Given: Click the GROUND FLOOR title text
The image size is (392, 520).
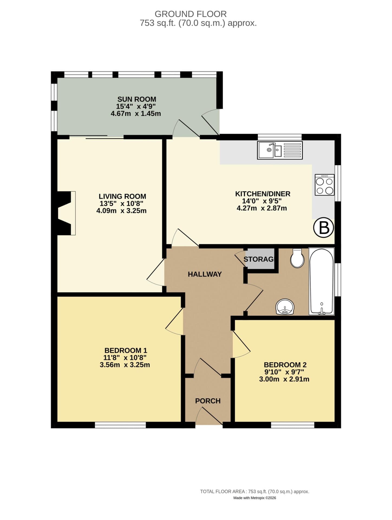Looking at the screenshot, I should (191, 14).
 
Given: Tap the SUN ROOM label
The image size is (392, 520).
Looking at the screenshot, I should (136, 99).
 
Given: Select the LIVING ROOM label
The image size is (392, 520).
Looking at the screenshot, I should (122, 196).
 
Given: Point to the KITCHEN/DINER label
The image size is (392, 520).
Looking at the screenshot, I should (263, 194).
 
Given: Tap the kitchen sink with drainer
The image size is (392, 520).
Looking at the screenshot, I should (280, 150).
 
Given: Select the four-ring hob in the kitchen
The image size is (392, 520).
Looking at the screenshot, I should (325, 185).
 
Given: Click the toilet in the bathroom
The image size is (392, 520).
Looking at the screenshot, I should (297, 258).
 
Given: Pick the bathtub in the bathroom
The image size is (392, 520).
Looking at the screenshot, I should (321, 281).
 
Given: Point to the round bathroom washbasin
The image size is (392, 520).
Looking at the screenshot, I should (285, 307).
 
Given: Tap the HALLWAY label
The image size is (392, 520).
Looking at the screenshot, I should (205, 274).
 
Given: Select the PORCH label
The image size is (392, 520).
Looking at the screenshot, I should (208, 401).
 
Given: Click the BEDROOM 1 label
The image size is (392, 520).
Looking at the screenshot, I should (126, 350).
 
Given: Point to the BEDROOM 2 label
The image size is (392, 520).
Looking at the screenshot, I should (285, 365).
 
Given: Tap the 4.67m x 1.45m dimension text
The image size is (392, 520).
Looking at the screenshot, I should (136, 114).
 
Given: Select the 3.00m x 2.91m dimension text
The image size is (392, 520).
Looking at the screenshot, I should (284, 379).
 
